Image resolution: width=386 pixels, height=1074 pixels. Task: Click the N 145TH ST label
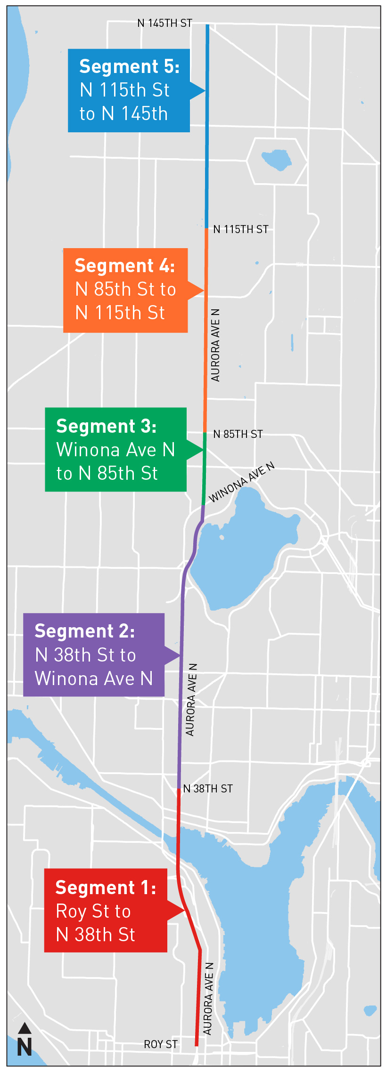(164, 23)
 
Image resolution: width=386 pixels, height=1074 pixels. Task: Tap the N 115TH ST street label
(240, 229)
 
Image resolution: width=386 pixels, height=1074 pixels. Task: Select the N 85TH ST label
(238, 434)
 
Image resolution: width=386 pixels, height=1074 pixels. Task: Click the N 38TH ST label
(207, 789)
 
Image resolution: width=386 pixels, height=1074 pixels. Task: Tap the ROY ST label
(161, 1044)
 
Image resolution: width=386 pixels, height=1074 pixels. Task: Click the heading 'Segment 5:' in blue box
(129, 66)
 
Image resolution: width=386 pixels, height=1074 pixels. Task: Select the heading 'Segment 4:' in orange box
(125, 266)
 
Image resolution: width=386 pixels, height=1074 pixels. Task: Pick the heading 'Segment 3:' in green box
(107, 426)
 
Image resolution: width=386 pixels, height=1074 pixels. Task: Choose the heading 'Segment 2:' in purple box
(85, 631)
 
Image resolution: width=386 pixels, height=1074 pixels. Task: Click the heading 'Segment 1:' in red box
(106, 888)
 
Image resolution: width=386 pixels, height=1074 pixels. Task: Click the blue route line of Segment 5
(207, 155)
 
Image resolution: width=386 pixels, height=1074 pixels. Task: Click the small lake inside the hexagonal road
(277, 159)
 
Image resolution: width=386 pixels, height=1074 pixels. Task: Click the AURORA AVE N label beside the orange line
(215, 345)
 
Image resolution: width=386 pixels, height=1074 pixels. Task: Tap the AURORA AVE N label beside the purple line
(191, 700)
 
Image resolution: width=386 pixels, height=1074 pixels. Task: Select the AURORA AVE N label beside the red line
(208, 999)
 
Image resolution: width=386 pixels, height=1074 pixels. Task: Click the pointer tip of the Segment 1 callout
(184, 910)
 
